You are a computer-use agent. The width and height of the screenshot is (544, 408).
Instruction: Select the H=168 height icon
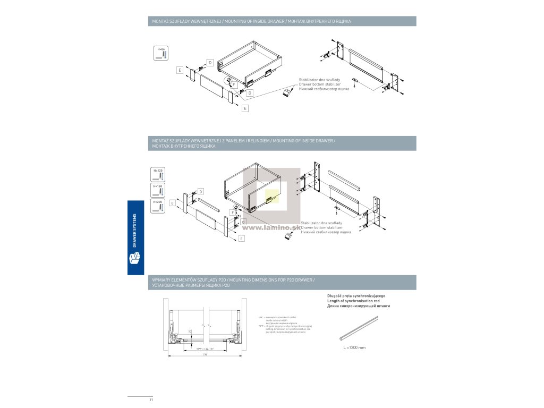pos(158,190)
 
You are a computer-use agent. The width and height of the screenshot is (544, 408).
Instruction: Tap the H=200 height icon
pos(158,206)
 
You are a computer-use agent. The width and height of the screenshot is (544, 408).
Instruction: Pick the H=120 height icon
pos(158,174)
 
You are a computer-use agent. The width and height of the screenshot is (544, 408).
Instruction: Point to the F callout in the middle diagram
pos(233,212)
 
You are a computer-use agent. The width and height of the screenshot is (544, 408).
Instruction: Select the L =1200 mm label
pos(355,347)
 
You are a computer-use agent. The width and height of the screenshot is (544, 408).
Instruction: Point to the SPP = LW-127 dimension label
pos(205,348)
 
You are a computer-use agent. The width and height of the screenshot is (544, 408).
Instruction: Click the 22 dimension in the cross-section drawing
pos(190,331)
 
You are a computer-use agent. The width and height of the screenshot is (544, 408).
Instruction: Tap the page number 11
pos(151,399)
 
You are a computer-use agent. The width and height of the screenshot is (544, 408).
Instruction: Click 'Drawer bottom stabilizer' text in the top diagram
pos(320,84)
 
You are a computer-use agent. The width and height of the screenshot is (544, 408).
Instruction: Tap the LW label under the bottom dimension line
pos(205,354)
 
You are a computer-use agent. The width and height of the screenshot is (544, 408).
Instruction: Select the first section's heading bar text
pos(251,21)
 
